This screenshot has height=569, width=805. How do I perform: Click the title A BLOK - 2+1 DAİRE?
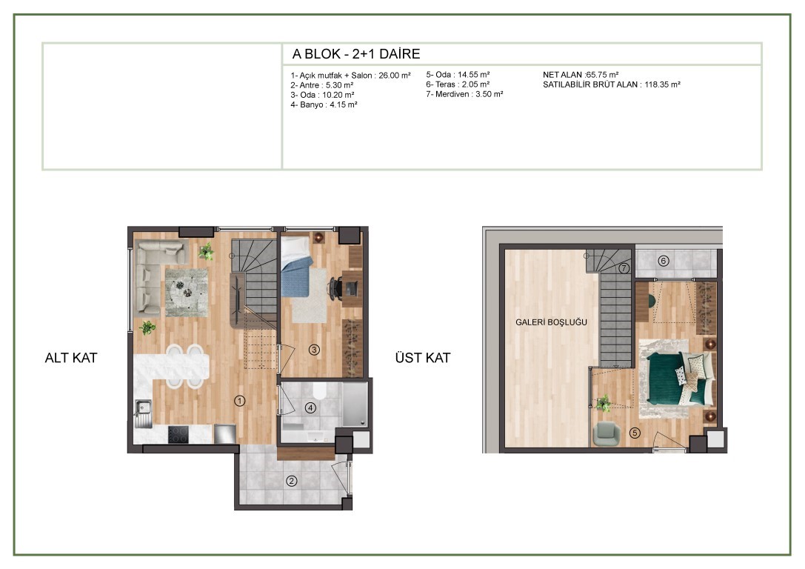pyautogui.click(x=356, y=54)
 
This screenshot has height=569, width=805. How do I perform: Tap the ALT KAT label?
pyautogui.click(x=71, y=358)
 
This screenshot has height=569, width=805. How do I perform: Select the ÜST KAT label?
pyautogui.click(x=423, y=358)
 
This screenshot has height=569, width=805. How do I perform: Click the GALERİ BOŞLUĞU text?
pyautogui.click(x=551, y=322)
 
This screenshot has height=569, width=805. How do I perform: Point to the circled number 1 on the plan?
pyautogui.click(x=239, y=401)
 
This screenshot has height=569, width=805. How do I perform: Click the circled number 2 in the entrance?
pyautogui.click(x=292, y=481)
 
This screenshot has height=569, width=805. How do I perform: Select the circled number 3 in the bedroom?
pyautogui.click(x=314, y=350)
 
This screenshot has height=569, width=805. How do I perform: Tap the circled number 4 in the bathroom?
pyautogui.click(x=310, y=407)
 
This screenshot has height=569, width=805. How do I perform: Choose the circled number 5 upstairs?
pyautogui.click(x=635, y=433)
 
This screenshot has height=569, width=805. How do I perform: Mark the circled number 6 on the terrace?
pyautogui.click(x=664, y=261)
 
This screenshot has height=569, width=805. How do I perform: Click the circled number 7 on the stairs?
pyautogui.click(x=624, y=268)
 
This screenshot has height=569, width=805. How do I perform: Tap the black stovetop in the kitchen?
pyautogui.click(x=178, y=434)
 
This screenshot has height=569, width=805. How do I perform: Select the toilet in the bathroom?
pyautogui.click(x=319, y=391)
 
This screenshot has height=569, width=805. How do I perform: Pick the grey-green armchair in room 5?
pyautogui.click(x=607, y=434)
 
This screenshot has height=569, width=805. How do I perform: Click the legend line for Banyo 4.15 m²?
pyautogui.click(x=324, y=104)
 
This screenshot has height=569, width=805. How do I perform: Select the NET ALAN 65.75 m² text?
pyautogui.click(x=581, y=75)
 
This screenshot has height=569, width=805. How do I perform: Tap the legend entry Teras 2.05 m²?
pyautogui.click(x=458, y=84)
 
